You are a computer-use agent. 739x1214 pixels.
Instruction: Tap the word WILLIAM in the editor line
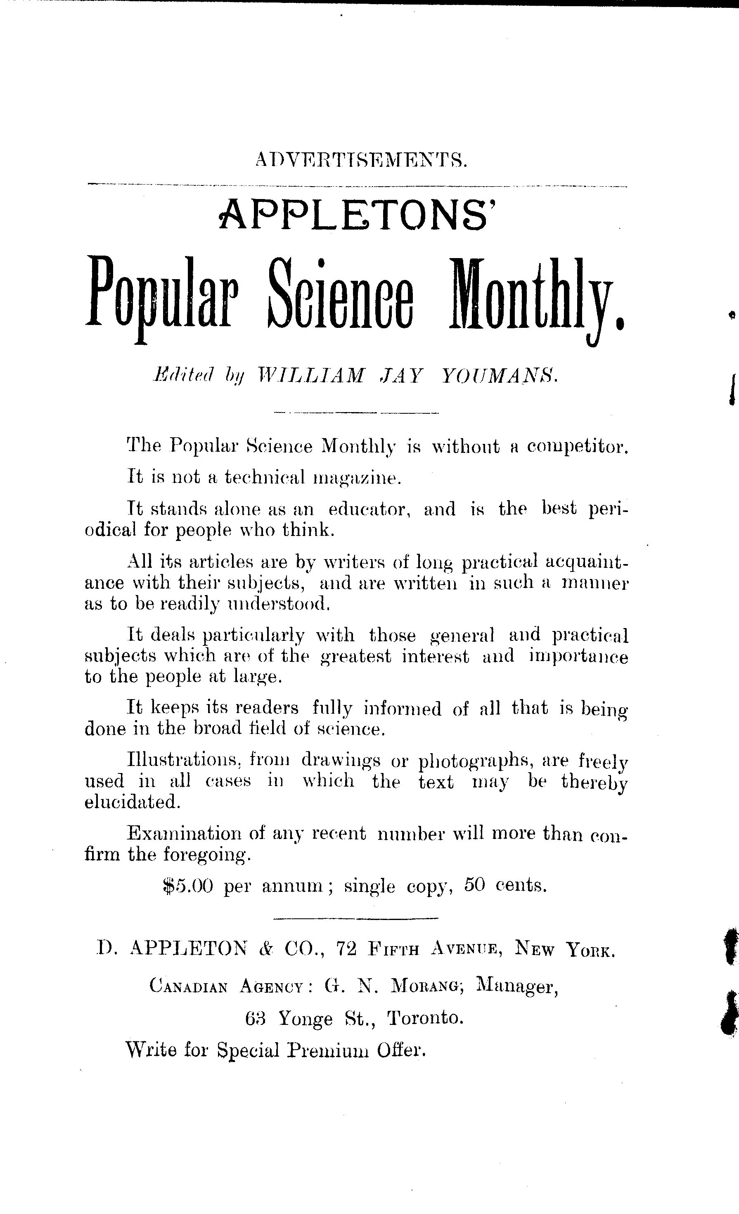click(311, 377)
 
